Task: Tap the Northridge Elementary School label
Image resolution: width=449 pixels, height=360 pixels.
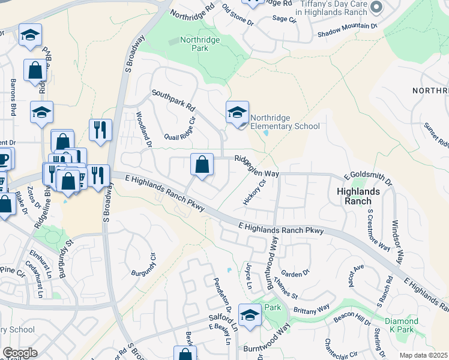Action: [x=285, y=122]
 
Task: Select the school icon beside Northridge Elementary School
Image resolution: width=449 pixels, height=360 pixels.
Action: [x=237, y=112]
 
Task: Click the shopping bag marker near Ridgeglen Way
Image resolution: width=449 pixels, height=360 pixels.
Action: [x=202, y=164]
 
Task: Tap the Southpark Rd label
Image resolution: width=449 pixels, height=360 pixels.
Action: [x=173, y=101]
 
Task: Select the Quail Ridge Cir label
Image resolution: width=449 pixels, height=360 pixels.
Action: [x=184, y=128]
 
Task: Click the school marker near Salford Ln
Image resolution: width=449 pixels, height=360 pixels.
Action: [x=250, y=314]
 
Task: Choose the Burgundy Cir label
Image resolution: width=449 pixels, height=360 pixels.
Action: [x=143, y=265]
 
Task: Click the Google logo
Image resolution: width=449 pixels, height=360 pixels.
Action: [x=20, y=352]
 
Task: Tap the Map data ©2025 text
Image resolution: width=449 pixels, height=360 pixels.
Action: [x=423, y=355]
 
